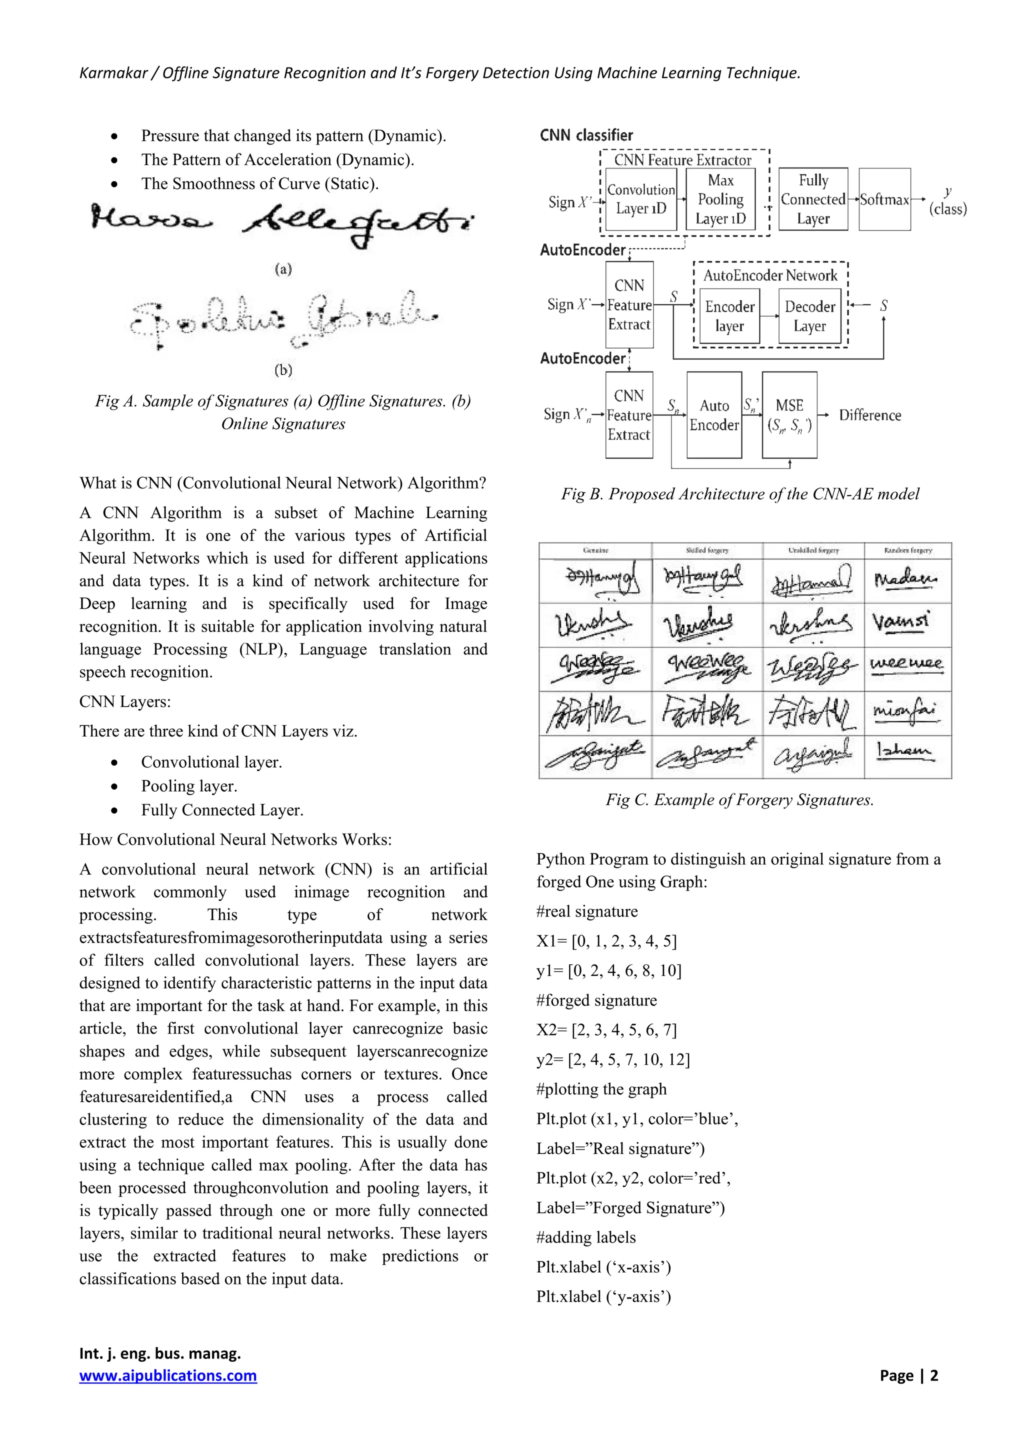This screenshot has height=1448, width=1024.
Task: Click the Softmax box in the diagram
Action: point(884,199)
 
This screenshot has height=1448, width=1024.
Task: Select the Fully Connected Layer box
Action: point(813,199)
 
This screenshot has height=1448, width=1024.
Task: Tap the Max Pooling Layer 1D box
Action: point(720,199)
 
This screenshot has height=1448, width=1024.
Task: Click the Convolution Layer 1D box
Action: point(640,199)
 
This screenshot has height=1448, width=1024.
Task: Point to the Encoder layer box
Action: point(729,316)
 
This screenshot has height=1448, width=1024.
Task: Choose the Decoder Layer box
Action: point(809,316)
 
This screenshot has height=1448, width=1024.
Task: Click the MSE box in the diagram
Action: point(789,415)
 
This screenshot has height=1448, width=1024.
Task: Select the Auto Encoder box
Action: point(714,415)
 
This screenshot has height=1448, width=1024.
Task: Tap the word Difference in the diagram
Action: point(869,415)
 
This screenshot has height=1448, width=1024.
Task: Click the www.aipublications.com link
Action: point(167,1375)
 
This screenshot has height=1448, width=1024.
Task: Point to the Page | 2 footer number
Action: point(908,1375)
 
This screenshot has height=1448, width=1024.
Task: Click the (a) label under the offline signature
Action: point(283,269)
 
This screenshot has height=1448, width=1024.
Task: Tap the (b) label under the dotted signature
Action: point(283,370)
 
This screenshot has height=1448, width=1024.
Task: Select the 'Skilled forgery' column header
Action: point(707,550)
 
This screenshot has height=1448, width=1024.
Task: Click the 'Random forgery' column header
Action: point(908,550)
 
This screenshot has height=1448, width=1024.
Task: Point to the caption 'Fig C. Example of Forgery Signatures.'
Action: point(739,799)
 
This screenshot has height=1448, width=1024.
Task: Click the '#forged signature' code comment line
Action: point(596,1000)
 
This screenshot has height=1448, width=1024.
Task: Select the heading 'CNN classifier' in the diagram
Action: point(586,135)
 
